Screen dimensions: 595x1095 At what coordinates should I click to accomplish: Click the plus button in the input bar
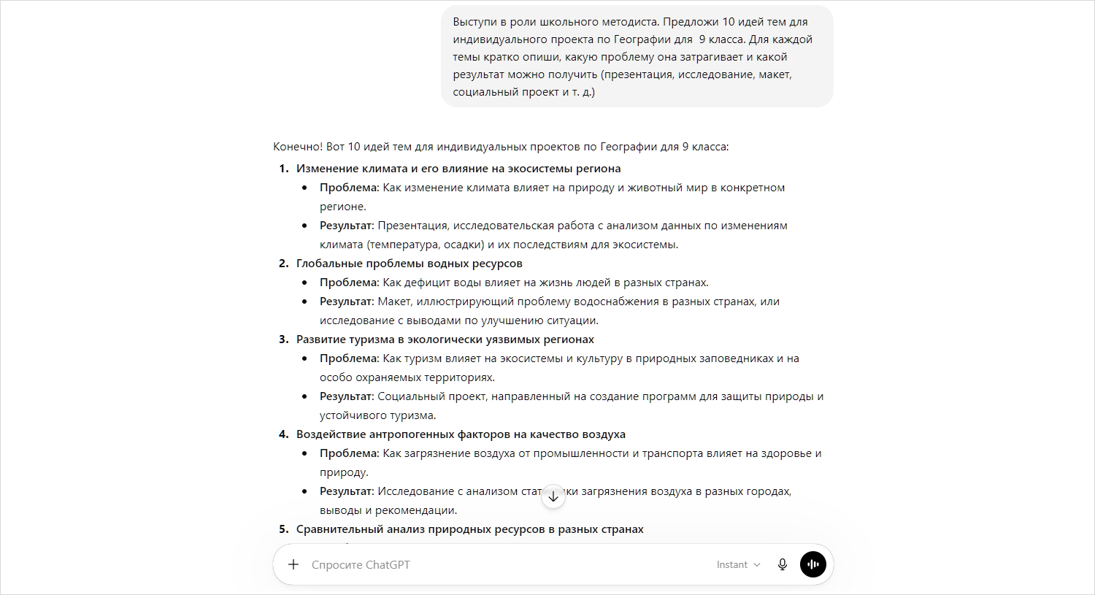coord(293,564)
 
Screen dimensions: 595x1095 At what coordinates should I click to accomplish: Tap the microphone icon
coord(783,564)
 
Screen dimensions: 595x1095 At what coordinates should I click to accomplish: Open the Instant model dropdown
coord(738,564)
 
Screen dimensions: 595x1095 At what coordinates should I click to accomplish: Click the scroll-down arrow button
coord(553,496)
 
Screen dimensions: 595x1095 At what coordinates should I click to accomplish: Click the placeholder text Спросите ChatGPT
coord(361,564)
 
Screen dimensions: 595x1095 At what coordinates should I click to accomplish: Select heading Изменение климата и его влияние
coord(458,169)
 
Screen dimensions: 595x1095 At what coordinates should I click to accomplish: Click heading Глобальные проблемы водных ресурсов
coord(409,264)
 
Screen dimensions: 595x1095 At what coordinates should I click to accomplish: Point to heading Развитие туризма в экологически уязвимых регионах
coord(445,339)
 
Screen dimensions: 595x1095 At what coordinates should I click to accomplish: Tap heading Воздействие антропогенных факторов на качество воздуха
coord(461,434)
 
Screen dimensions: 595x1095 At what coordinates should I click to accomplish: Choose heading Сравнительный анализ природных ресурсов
coord(469,529)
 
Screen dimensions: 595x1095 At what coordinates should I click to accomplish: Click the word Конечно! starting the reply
coord(298,147)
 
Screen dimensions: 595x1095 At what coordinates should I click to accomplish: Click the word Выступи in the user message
coord(474,22)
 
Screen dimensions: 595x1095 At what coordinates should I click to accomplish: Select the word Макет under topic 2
coord(394,302)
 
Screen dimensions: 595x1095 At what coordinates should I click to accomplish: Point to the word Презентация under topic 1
coord(412,226)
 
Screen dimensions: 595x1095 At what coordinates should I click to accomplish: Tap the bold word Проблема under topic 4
coord(349,453)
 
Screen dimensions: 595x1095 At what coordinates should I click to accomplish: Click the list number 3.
coord(283,339)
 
